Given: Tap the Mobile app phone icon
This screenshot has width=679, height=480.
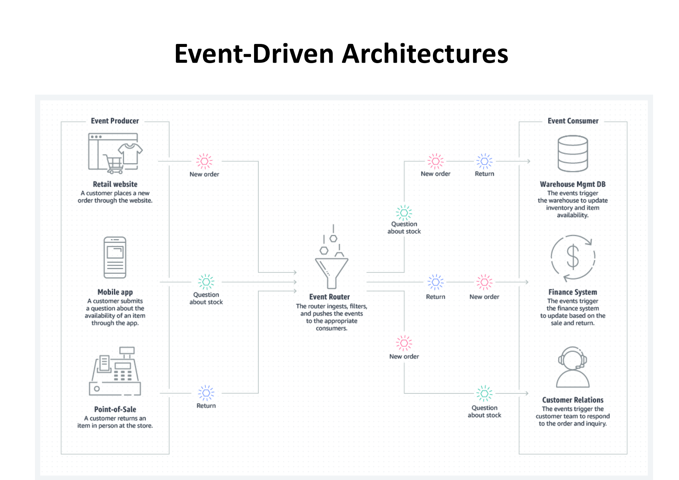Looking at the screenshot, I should pos(115,257).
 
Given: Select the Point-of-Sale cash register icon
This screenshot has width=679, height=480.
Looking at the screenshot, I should pos(115,371).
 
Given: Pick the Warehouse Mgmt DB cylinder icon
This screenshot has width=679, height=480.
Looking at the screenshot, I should pos(573,154).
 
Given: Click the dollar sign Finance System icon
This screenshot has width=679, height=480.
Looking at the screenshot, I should pos(573,257).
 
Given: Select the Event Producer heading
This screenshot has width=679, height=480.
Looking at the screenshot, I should pos(115,121).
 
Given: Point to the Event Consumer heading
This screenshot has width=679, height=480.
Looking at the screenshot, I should pos(573,121).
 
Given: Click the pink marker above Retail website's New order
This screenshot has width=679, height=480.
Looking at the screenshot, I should pos(204,162).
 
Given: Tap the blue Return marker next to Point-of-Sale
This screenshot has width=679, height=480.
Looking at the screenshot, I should pos(206,393).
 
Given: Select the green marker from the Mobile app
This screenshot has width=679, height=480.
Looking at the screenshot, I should pos(206,282).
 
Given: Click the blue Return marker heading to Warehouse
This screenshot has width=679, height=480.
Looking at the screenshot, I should pos(484,162).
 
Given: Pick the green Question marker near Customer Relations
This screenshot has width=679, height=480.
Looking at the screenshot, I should pos(484,393).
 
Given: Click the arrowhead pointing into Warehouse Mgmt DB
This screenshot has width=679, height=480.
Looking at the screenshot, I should pos(528,162).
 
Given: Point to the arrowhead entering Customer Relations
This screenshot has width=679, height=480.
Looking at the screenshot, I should pos(527,393).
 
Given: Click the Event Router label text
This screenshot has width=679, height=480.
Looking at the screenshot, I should pos(330,297).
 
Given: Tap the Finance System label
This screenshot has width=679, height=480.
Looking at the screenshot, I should pos(573,292).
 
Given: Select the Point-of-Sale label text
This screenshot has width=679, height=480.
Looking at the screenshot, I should pos(115,409).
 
